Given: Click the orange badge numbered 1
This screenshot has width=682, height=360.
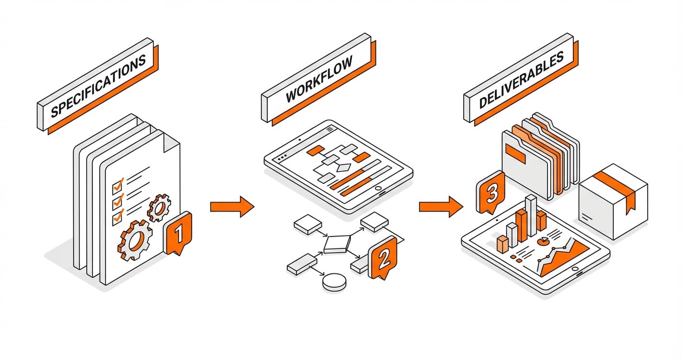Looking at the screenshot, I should point(178,234).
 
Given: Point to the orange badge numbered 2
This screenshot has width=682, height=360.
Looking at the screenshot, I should point(383,259).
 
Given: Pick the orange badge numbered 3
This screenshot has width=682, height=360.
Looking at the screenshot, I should point(490,193).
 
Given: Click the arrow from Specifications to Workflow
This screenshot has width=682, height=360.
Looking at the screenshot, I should point(232,206).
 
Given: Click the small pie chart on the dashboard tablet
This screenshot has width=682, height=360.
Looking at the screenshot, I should point(544,241).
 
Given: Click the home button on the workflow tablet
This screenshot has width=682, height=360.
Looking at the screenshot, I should point(381,194).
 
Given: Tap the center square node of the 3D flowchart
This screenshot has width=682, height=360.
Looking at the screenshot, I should point(338,245).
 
